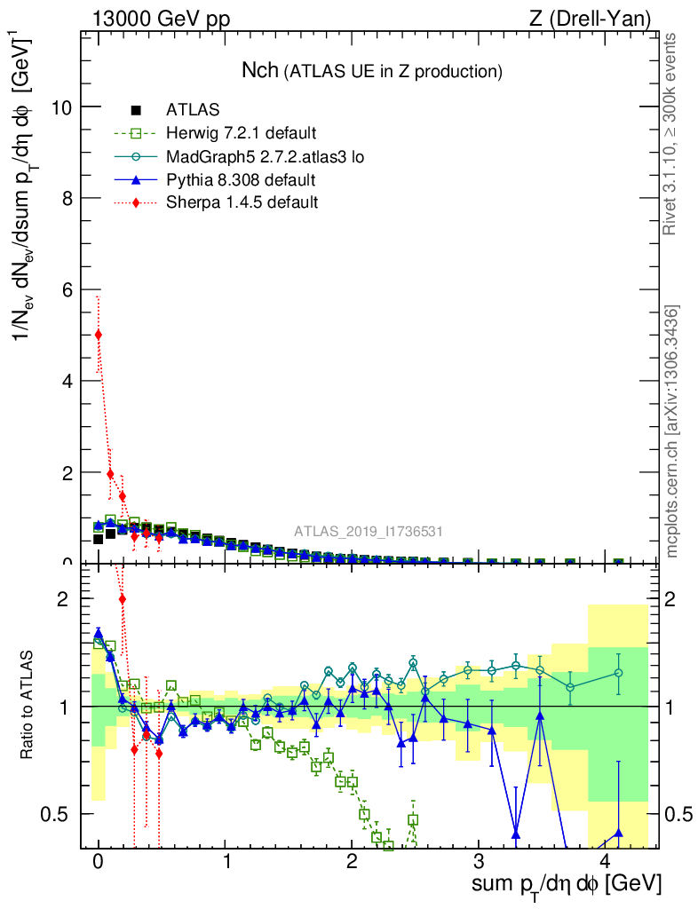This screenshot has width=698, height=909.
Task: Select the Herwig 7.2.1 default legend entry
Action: (240, 134)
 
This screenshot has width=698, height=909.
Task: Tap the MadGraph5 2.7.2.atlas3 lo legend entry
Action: (265, 157)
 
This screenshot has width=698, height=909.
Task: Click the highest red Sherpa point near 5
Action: (98, 335)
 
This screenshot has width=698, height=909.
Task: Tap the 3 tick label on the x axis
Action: (479, 862)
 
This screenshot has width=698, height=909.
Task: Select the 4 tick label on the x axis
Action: (606, 862)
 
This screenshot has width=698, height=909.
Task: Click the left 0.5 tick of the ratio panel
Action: (59, 814)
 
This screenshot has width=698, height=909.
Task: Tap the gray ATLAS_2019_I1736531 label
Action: (369, 532)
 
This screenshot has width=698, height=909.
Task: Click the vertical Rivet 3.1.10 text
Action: (672, 134)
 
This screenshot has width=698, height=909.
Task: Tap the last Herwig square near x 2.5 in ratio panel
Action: (413, 820)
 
